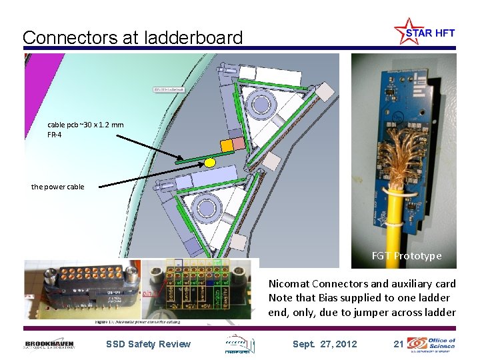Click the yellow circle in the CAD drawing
pyautogui.click(x=210, y=162)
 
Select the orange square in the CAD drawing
pyautogui.click(x=227, y=145)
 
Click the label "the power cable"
pyautogui.click(x=57, y=187)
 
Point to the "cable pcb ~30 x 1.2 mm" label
pyautogui.click(x=85, y=125)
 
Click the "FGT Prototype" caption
pyautogui.click(x=407, y=256)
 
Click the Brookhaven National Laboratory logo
pyautogui.click(x=49, y=343)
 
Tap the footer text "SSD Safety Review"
pyautogui.click(x=148, y=344)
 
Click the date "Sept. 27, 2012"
pyautogui.click(x=325, y=344)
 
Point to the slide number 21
pyautogui.click(x=399, y=344)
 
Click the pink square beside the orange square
pyautogui.click(x=239, y=143)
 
